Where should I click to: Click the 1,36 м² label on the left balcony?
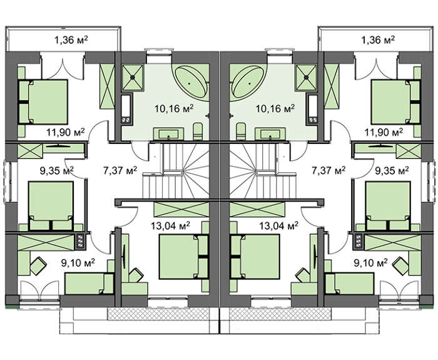(x=71, y=40)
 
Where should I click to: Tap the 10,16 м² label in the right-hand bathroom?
(x=275, y=108)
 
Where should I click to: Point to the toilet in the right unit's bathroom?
(x=240, y=131)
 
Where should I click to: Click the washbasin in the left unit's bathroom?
(x=168, y=133)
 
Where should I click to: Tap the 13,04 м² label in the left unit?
(x=170, y=226)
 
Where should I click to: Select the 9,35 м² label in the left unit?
(x=57, y=170)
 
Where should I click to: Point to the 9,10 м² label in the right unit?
(x=370, y=262)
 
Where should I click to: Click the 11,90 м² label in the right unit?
(x=384, y=132)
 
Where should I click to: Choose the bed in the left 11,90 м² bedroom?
(x=43, y=102)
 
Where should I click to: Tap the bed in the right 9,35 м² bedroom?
(x=387, y=206)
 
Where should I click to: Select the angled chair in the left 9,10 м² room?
(x=38, y=265)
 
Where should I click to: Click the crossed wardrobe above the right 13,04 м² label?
(x=257, y=209)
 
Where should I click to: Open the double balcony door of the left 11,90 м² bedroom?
(x=63, y=66)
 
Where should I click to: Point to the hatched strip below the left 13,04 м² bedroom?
(x=158, y=314)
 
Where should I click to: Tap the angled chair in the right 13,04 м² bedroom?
(x=303, y=275)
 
